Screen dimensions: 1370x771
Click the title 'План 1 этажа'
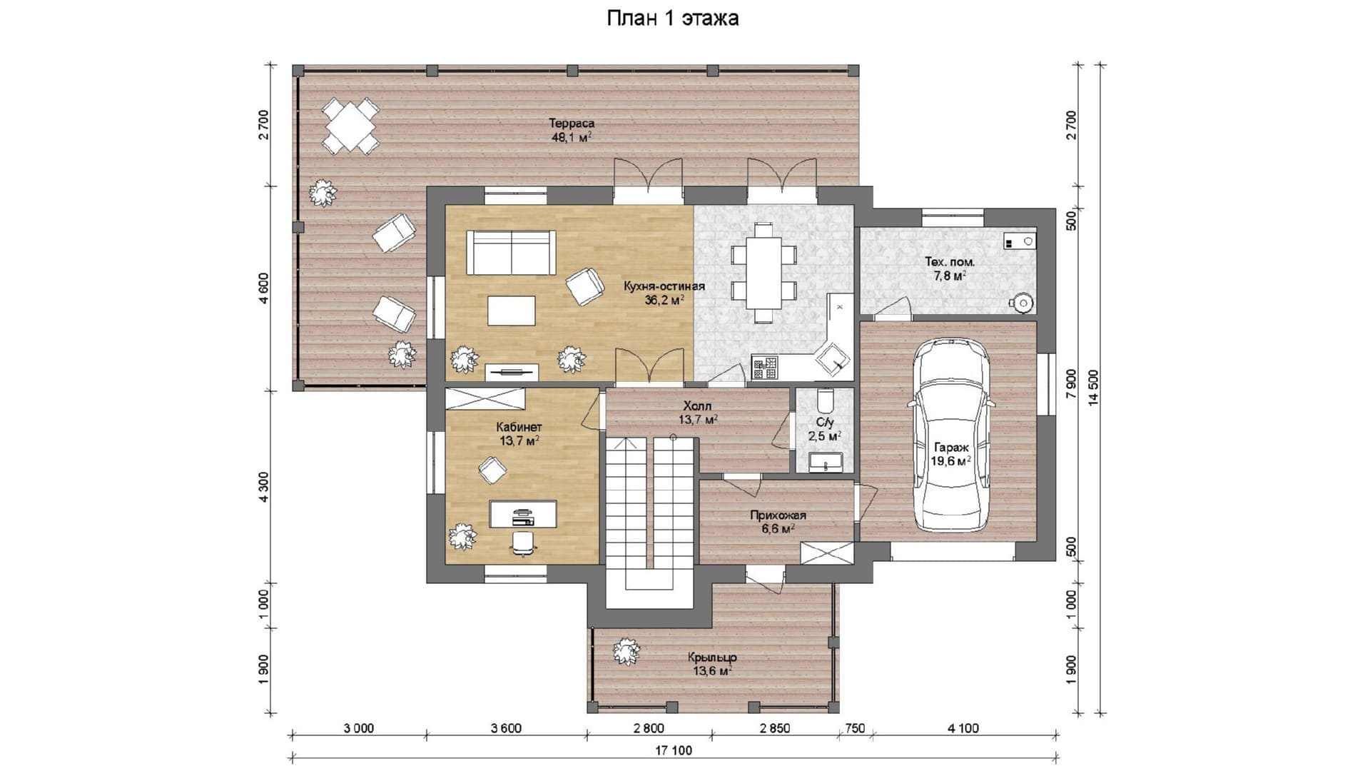[x=672, y=19]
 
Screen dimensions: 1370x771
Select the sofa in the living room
[x=511, y=252]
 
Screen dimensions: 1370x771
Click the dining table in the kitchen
[x=763, y=272]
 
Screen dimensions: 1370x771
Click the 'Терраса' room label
[x=572, y=124]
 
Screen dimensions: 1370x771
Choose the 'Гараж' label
[x=951, y=448]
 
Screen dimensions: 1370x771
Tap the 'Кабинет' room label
[x=519, y=427]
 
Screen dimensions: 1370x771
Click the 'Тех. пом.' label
[x=950, y=262]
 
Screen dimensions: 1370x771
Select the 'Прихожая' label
[x=778, y=515]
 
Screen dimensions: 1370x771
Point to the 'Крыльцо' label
[x=712, y=657]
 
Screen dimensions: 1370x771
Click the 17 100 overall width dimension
[x=674, y=750]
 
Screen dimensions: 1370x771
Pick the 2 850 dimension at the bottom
[x=775, y=728]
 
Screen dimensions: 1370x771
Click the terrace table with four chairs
[x=350, y=126]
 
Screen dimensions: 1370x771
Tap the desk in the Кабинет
[x=523, y=514]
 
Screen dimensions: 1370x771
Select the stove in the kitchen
[x=766, y=368]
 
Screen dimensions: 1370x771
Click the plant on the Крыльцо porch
[x=626, y=650]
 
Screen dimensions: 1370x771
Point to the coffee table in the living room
[x=512, y=311]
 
